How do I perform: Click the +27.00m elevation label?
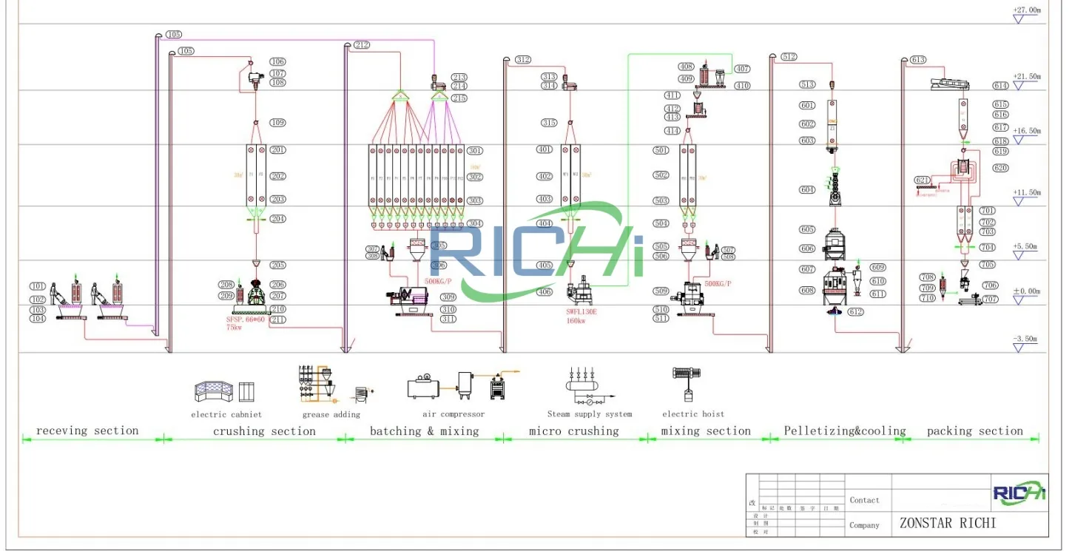(1027, 10)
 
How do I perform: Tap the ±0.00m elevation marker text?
(1026, 291)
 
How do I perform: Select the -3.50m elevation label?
(1026, 338)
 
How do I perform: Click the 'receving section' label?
(87, 430)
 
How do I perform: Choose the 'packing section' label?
(974, 430)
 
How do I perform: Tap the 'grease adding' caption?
(331, 414)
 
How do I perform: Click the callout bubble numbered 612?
(856, 312)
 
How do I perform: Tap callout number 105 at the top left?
(174, 35)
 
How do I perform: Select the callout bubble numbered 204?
(278, 219)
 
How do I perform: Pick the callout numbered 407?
(742, 69)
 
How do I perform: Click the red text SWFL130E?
(581, 312)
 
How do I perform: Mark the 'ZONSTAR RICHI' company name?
(947, 523)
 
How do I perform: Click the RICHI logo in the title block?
(1019, 493)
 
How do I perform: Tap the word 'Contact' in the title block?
(864, 500)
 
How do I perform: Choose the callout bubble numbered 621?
(923, 180)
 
